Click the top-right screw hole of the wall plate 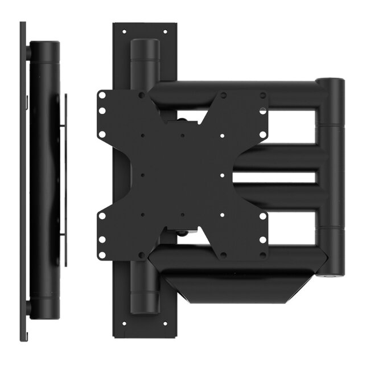(x=165, y=31)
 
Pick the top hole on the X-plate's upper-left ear (x=102, y=96)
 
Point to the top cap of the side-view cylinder (x=44, y=44)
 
